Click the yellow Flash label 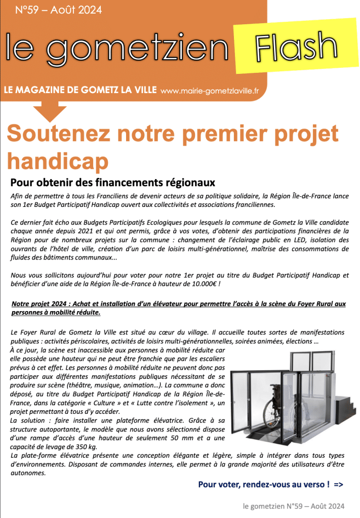(x=297, y=46)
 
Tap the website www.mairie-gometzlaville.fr (x=209, y=91)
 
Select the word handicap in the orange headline (x=58, y=161)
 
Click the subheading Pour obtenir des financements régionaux (x=113, y=182)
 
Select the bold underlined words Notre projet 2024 (x=39, y=304)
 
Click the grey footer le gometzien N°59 (x=272, y=505)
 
